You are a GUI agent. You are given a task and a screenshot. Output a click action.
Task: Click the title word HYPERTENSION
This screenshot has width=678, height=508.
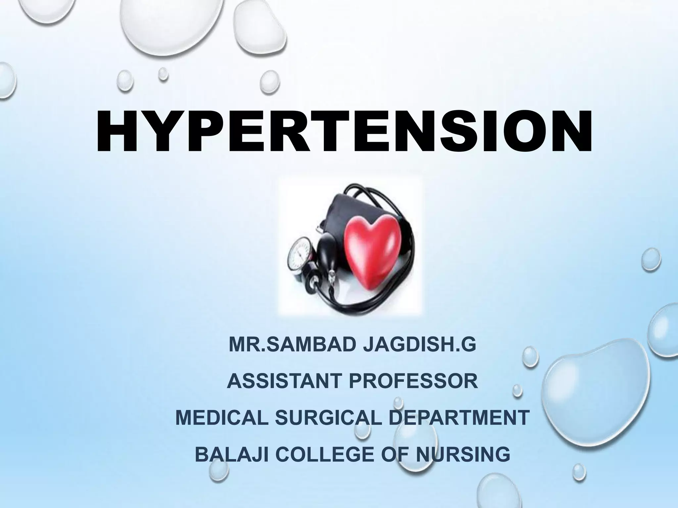tap(344, 133)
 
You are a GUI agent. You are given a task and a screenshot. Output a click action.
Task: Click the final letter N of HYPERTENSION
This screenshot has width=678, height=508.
tap(566, 133)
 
